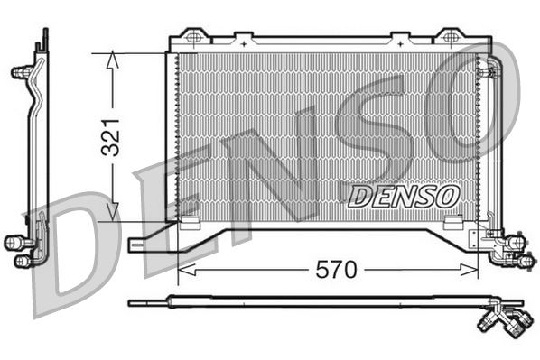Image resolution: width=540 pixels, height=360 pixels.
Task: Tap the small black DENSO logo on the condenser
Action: (404, 194)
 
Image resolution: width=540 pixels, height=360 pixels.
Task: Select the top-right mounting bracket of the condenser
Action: (448, 37)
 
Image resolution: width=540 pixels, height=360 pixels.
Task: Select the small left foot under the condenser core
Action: (190, 222)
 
